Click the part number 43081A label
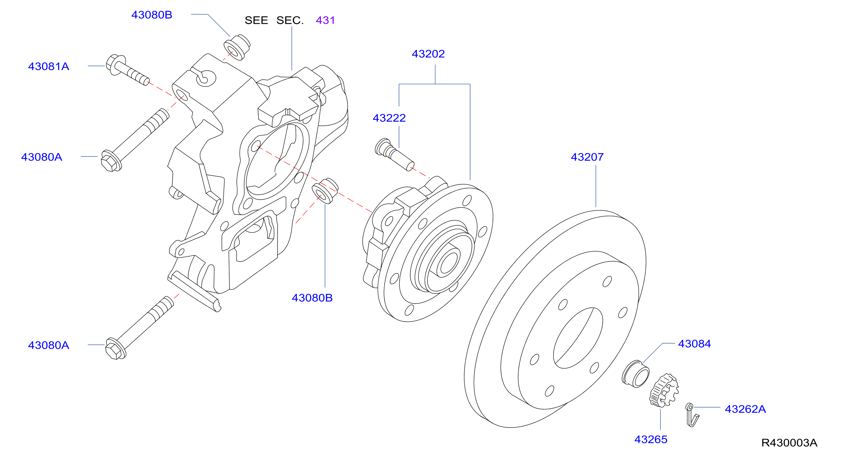pos(48,66)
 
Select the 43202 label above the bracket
pos(428,54)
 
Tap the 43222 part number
pos(389,118)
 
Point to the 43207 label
pos(587,157)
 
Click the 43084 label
pos(694,343)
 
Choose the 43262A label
pos(745,409)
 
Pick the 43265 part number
pos(651,439)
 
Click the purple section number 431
pos(325,20)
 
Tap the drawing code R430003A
pos(789,443)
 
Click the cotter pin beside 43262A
pos(692,415)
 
